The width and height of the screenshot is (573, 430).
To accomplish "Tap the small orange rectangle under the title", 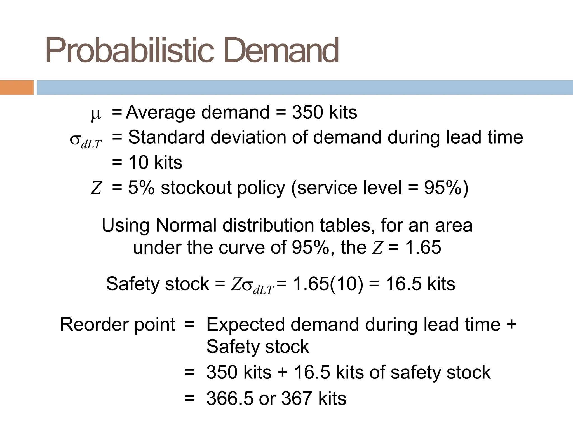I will pyautogui.click(x=17, y=87).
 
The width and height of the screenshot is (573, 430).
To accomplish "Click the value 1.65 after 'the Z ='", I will pyautogui.click(x=423, y=247).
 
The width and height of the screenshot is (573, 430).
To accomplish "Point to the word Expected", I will pyautogui.click(x=246, y=325).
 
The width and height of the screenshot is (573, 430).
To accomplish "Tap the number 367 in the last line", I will pyautogui.click(x=296, y=398).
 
